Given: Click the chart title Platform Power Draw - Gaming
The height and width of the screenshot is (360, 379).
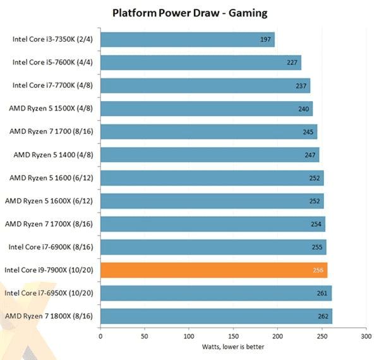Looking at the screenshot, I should (189, 12).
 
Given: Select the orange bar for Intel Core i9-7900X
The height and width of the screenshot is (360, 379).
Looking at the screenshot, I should (214, 270).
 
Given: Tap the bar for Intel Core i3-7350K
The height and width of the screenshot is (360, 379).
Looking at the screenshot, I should (188, 40).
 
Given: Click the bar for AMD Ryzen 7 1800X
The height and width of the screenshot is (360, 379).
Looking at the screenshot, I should (216, 316).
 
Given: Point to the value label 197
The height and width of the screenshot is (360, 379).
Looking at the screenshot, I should (266, 40).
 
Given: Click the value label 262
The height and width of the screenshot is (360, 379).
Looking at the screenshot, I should (323, 316).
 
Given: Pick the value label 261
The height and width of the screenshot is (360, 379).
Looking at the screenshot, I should (323, 294).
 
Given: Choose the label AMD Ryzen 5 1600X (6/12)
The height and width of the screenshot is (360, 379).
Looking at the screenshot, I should (49, 201).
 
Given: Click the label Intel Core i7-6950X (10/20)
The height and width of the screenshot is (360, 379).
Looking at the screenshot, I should (49, 293).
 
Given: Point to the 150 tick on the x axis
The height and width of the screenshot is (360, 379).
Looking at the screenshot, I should (234, 337).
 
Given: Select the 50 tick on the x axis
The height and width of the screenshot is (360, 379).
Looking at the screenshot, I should (145, 337).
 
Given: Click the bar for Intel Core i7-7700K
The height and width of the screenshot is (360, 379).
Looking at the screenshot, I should (205, 86).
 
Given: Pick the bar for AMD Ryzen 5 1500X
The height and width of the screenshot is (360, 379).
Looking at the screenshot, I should (207, 109).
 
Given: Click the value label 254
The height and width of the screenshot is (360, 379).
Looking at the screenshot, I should (316, 224).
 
